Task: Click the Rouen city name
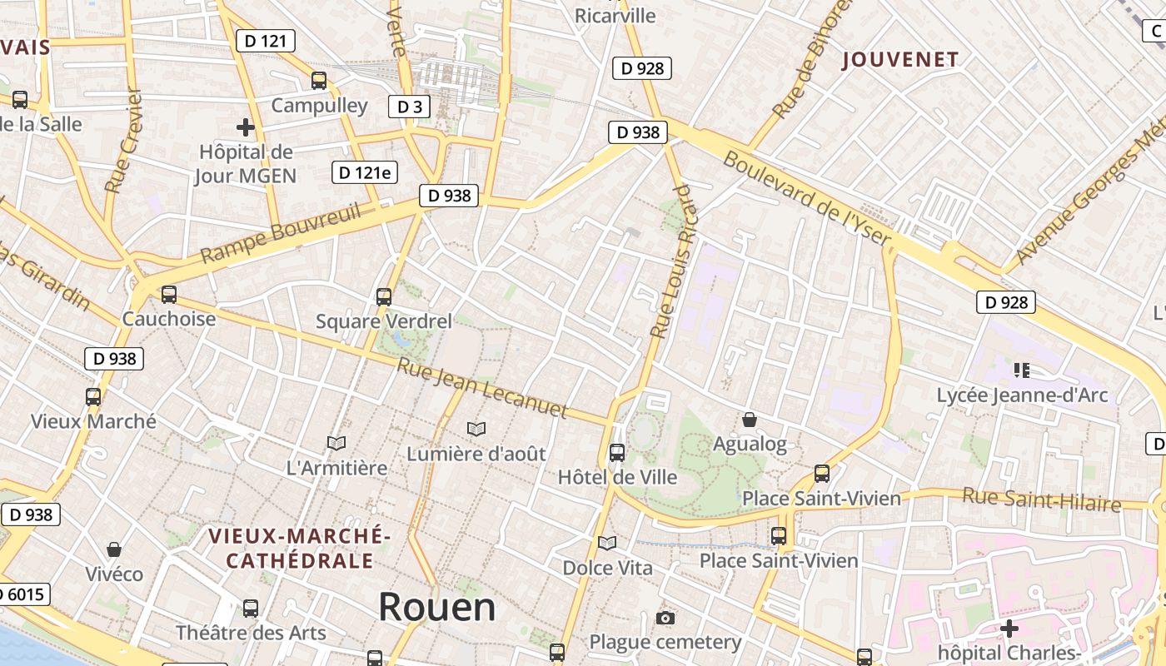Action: click(x=437, y=607)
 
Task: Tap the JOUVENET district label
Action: click(x=900, y=59)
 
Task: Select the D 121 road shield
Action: click(x=266, y=40)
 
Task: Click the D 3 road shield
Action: click(x=410, y=107)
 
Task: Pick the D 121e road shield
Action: click(x=364, y=172)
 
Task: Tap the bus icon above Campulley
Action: click(x=319, y=81)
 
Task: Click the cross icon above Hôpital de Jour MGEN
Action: click(x=245, y=127)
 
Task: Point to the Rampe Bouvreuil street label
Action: click(x=281, y=232)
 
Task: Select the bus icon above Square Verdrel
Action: click(x=384, y=296)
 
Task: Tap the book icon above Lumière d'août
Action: click(x=476, y=429)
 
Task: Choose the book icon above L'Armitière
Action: click(x=336, y=443)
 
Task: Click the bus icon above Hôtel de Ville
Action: click(x=617, y=453)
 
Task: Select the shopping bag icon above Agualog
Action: click(x=750, y=420)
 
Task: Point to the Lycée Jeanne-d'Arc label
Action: click(x=1022, y=395)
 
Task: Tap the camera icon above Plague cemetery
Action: click(x=665, y=618)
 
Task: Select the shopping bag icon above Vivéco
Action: click(x=114, y=549)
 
